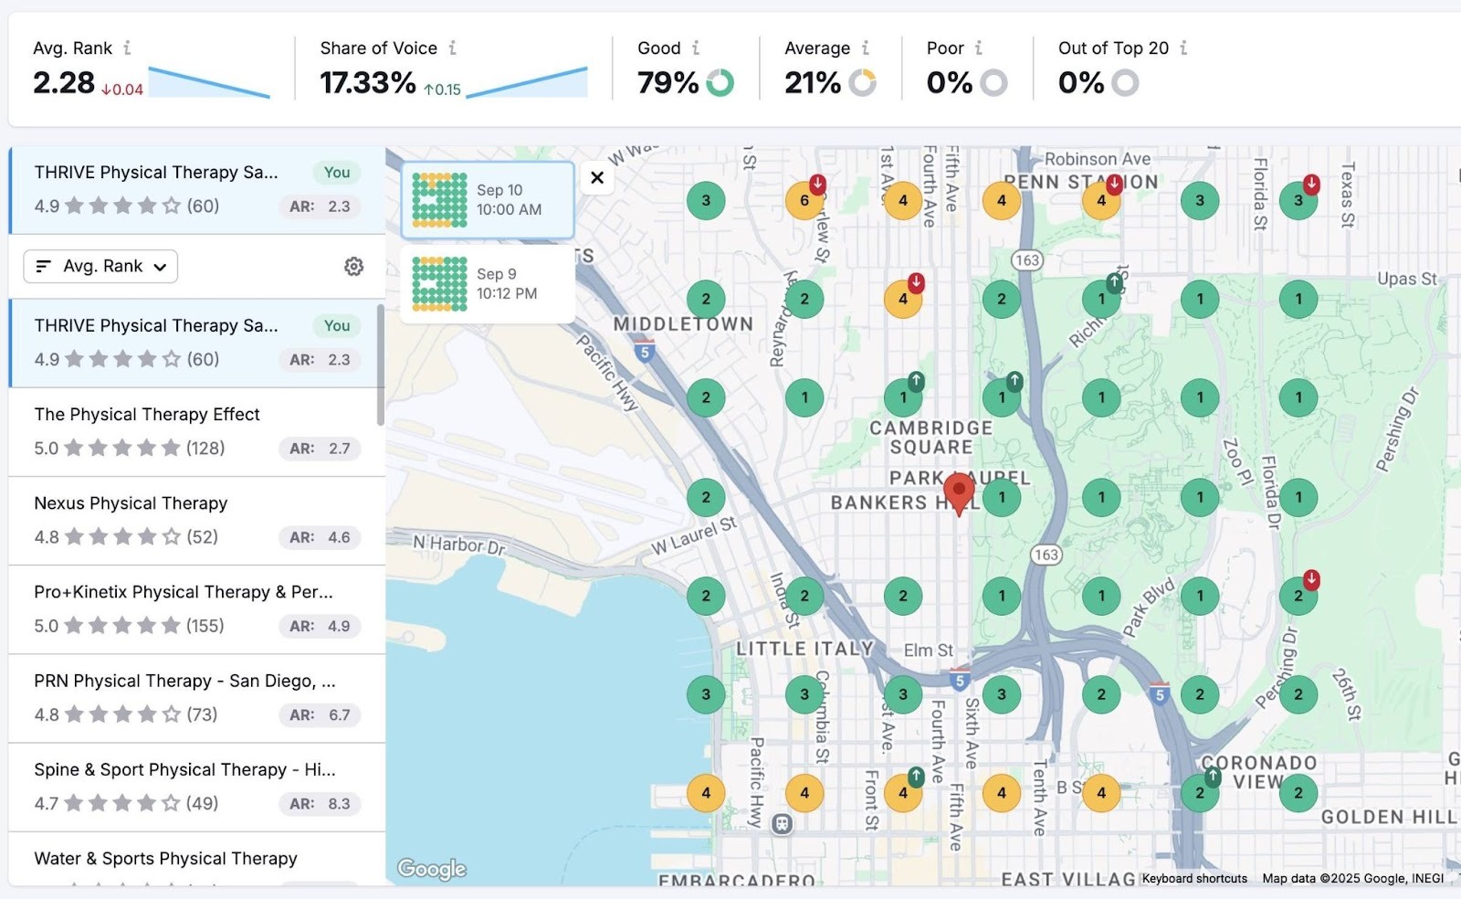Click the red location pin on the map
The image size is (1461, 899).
tap(959, 492)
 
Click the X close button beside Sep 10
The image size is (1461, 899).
tap(597, 177)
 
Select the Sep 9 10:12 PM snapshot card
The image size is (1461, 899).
tap(488, 283)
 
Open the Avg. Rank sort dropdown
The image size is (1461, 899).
tap(100, 267)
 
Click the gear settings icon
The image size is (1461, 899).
tap(353, 266)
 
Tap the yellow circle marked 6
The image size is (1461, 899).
tap(804, 201)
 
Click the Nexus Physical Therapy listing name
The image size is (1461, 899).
tap(131, 503)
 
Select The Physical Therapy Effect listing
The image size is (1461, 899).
tap(147, 415)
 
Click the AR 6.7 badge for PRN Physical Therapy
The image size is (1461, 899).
tap(320, 714)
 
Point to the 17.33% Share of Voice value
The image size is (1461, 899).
tap(367, 83)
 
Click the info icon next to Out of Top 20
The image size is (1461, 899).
tap(1183, 48)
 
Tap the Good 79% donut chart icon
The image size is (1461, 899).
tap(720, 83)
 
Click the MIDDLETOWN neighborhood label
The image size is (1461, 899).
tap(683, 324)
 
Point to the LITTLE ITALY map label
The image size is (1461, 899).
tap(804, 649)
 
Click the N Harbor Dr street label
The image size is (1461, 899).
tap(458, 545)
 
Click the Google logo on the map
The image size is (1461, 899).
tap(432, 869)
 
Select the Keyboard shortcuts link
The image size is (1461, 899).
tap(1194, 878)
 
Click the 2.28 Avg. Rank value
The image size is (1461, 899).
tap(64, 83)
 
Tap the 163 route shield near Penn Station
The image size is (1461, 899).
tap(1027, 260)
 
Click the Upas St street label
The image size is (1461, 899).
tap(1406, 279)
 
